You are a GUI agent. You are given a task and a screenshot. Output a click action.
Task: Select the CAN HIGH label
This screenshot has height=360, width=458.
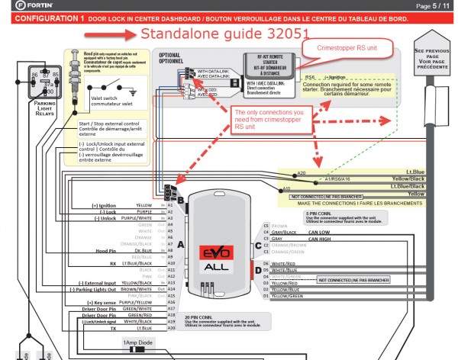point(319,239)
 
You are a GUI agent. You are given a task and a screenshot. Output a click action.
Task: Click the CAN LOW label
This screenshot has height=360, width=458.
point(318,232)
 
